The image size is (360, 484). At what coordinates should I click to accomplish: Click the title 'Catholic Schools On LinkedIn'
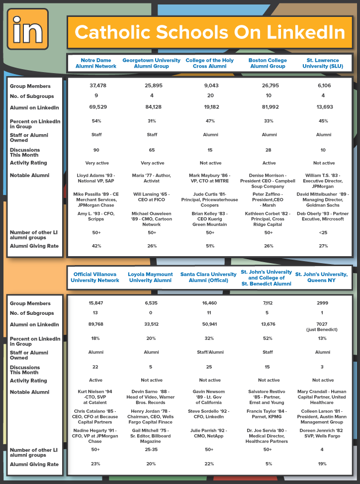coord(209,32)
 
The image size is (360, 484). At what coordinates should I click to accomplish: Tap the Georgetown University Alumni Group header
coord(151,63)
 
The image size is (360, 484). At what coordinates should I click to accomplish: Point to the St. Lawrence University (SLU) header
coord(324,63)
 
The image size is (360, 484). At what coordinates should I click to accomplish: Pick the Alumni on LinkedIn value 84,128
coord(152,107)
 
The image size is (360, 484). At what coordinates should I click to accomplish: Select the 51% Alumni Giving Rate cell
coord(210,246)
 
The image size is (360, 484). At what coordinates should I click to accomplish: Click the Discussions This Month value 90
coord(96,150)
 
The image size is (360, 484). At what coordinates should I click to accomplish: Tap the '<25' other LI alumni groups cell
coord(324,232)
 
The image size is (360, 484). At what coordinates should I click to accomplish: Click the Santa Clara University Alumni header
coord(209,277)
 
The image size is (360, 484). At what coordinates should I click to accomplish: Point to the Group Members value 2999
coord(322,302)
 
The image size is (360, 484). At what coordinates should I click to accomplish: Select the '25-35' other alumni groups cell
coord(152,449)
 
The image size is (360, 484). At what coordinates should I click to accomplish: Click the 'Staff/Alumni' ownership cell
coord(209,352)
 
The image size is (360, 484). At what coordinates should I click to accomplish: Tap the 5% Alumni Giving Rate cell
coord(269,464)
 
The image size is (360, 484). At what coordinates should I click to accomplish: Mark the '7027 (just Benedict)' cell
coord(322,327)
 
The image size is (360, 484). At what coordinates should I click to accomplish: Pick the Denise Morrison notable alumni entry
coord(268,181)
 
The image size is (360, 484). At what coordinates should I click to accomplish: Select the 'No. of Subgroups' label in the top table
coord(32,97)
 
